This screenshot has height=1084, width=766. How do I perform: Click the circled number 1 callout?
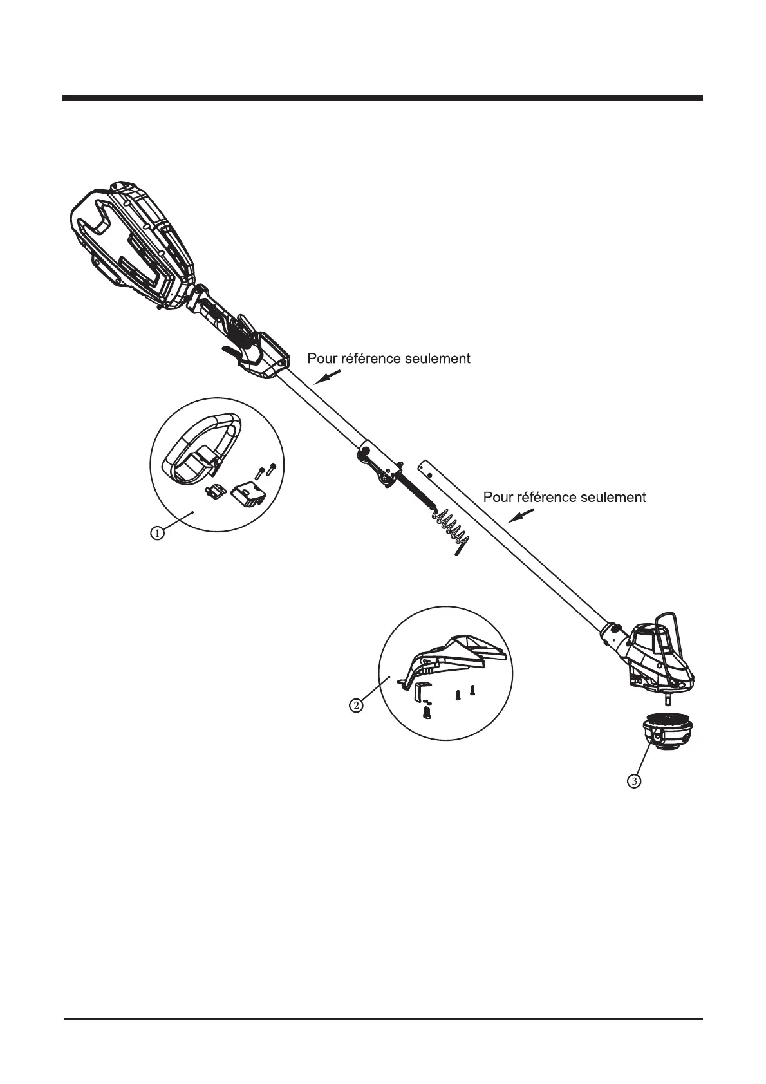click(x=156, y=532)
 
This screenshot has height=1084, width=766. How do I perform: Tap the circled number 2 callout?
click(x=355, y=705)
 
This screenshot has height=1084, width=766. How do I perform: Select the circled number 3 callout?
click(x=634, y=781)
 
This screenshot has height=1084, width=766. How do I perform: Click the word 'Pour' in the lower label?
click(x=499, y=497)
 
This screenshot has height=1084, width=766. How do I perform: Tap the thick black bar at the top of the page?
click(x=382, y=98)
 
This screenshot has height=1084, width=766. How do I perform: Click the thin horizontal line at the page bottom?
click(x=382, y=1019)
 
